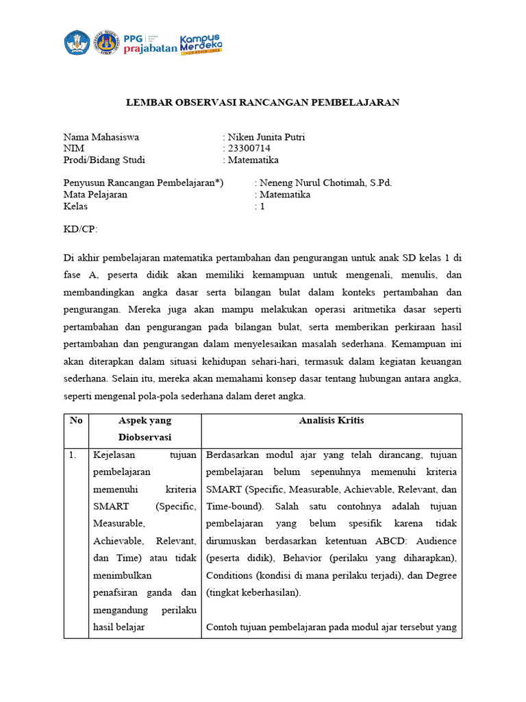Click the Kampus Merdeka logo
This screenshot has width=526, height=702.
tap(201, 44)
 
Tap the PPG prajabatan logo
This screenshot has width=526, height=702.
tap(149, 43)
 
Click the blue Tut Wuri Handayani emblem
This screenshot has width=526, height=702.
tap(77, 43)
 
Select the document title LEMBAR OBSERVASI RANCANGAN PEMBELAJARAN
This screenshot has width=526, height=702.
tap(262, 102)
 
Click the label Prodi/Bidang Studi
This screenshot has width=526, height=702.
tap(104, 160)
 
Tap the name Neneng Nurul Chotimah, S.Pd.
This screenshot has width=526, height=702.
tap(326, 183)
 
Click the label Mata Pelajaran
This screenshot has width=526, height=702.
tap(95, 195)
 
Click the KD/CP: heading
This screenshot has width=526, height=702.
tap(81, 230)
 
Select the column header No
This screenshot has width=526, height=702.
tap(76, 420)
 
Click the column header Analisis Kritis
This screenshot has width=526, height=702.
tap(331, 420)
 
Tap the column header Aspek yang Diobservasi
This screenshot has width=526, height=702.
tap(145, 428)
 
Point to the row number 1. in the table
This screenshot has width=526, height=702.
tap(73, 455)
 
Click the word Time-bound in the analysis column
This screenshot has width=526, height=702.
tap(230, 507)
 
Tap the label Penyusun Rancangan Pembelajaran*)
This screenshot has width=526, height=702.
tap(143, 183)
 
